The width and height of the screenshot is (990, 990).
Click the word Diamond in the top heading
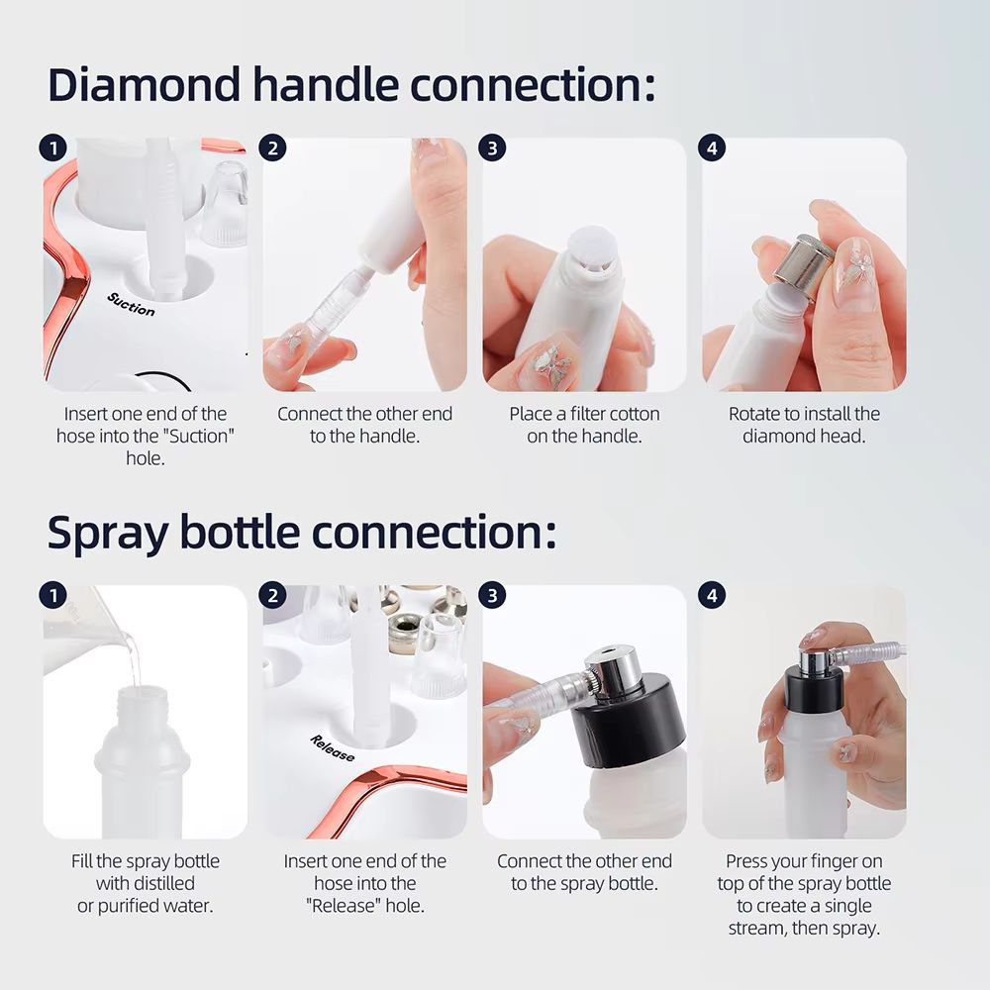[142, 85]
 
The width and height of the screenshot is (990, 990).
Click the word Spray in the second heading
[106, 532]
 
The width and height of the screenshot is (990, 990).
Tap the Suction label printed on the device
[132, 304]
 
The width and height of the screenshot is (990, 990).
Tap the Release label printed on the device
[332, 748]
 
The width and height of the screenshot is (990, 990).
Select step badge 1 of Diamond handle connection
[52, 148]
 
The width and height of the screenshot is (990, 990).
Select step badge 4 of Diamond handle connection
[711, 148]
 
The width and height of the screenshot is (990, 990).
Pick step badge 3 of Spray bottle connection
[491, 595]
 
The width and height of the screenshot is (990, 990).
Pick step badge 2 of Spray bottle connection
[272, 595]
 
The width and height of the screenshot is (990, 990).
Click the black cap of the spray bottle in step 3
[629, 727]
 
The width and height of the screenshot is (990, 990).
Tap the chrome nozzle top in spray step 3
[611, 666]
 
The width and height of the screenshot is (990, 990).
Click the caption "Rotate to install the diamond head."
[804, 425]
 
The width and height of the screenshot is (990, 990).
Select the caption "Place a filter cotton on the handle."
[584, 425]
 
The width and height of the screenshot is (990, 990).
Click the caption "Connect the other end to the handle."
[364, 425]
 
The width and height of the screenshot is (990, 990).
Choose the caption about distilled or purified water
[145, 883]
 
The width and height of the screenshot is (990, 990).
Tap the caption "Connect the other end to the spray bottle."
[584, 872]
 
